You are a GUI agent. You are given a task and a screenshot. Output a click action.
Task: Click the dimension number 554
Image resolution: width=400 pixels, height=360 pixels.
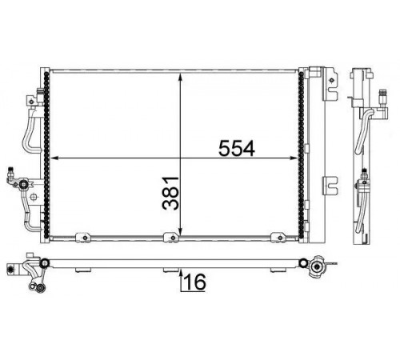(x=237, y=149)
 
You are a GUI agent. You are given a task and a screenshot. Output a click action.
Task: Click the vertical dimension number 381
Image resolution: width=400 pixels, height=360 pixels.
(x=170, y=194)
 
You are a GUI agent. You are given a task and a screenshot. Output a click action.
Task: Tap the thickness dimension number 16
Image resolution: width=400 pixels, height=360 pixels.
(x=195, y=282)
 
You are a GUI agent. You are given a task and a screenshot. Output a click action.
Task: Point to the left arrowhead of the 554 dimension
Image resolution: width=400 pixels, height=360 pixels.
(x=54, y=158)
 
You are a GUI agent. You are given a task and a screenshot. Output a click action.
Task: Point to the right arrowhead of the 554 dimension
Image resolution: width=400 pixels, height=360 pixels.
(x=294, y=158)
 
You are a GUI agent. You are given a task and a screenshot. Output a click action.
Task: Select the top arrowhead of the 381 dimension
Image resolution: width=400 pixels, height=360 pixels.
(x=181, y=77)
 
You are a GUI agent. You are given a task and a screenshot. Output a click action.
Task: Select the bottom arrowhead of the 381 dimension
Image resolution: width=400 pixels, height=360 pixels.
(x=181, y=232)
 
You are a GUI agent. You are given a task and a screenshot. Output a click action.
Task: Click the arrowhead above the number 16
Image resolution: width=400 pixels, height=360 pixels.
(x=181, y=273)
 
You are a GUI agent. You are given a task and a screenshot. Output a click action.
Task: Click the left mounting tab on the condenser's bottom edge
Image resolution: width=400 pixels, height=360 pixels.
(x=83, y=238)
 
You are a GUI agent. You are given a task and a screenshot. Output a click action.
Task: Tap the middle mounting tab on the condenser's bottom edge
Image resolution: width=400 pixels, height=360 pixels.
(x=171, y=238)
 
